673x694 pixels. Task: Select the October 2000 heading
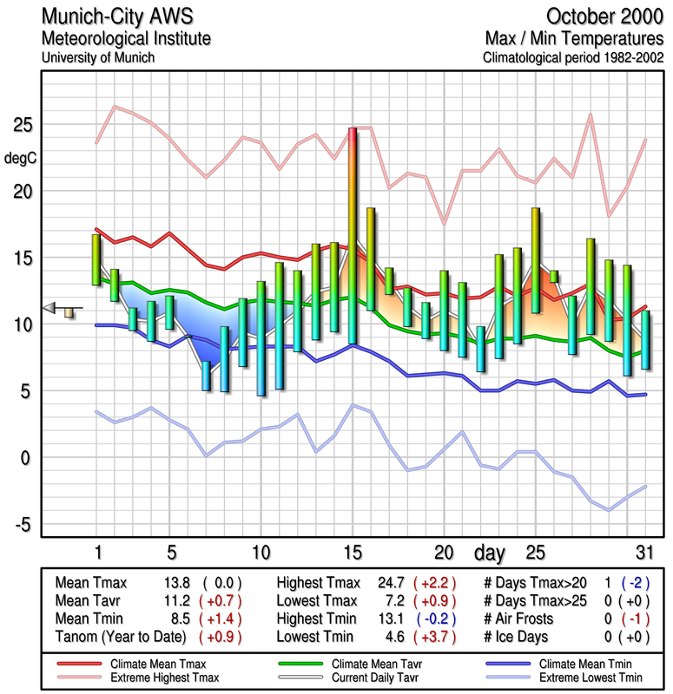[x=604, y=16]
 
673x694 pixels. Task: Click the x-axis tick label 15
[x=353, y=553]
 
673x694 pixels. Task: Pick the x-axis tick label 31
[x=644, y=553]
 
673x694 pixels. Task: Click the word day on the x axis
[x=491, y=553]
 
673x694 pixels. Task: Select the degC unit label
[x=20, y=159]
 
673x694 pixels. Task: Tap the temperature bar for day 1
[x=96, y=259]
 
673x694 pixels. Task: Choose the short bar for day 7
[x=207, y=376]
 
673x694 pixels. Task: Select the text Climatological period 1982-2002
[x=574, y=59]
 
